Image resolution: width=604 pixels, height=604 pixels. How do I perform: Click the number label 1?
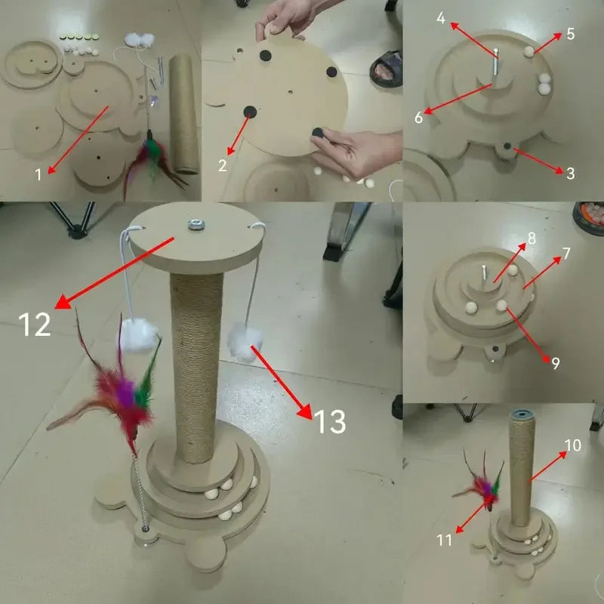pyautogui.click(x=39, y=175)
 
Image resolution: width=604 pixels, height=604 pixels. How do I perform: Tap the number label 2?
pyautogui.click(x=223, y=167)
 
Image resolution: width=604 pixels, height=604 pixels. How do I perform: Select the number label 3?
pyautogui.click(x=570, y=174)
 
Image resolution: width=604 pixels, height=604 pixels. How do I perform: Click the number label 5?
pyautogui.click(x=571, y=33)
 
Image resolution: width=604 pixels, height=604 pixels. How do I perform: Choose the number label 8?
pyautogui.click(x=532, y=238)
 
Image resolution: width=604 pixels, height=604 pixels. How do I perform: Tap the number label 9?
pyautogui.click(x=555, y=362)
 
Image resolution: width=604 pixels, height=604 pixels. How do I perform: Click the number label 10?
pyautogui.click(x=572, y=445)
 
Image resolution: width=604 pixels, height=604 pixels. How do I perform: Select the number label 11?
pyautogui.click(x=445, y=539)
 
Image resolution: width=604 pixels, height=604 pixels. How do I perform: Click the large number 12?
pyautogui.click(x=34, y=324)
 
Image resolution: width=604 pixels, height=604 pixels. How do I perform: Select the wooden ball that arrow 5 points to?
pyautogui.click(x=528, y=51)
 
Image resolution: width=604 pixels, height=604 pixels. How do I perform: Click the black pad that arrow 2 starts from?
pyautogui.click(x=248, y=113)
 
